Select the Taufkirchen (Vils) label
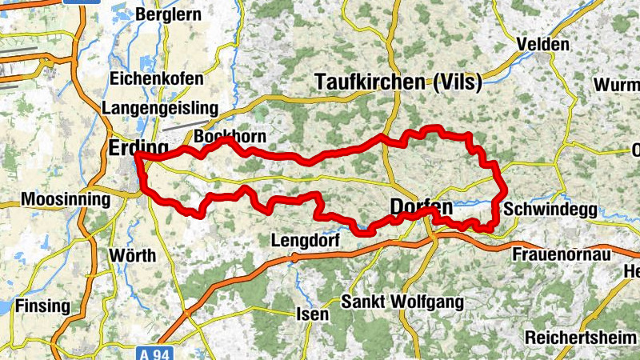pyautogui.click(x=398, y=82)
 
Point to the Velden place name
pyautogui.click(x=543, y=45)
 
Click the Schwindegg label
pyautogui.click(x=550, y=210)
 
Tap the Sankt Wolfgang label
pyautogui.click(x=402, y=302)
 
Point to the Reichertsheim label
pyautogui.click(x=580, y=337)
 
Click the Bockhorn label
pyautogui.click(x=230, y=137)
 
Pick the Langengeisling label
pyautogui.click(x=160, y=108)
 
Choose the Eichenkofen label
pyautogui.click(x=158, y=80)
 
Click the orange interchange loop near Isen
pyautogui.click(x=294, y=258)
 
